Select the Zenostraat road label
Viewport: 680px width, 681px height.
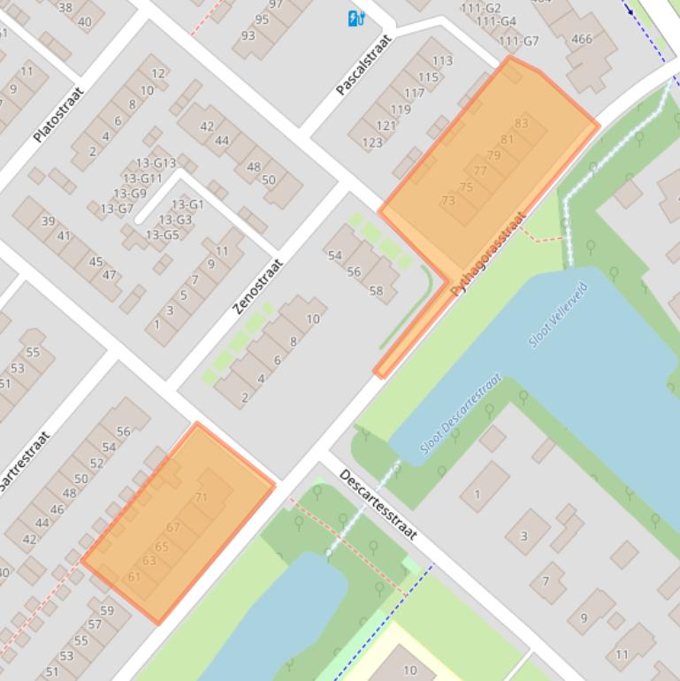click(258, 286)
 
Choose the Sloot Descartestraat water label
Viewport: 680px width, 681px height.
click(461, 413)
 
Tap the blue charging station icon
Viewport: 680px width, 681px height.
click(355, 19)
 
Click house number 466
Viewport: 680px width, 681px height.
click(582, 39)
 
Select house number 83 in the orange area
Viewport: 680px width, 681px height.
click(521, 124)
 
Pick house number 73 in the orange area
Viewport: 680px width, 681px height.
click(448, 201)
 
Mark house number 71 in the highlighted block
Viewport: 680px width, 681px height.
click(201, 497)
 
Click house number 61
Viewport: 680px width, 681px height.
click(134, 577)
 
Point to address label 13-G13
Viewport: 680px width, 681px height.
click(156, 164)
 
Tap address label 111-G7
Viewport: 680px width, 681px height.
click(518, 41)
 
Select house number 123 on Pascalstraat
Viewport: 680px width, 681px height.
click(372, 142)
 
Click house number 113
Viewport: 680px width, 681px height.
click(442, 61)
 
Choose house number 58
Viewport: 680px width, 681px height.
click(376, 290)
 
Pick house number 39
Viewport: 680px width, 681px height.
click(48, 221)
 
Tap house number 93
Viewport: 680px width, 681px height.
click(248, 35)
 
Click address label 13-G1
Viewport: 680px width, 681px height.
click(187, 204)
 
